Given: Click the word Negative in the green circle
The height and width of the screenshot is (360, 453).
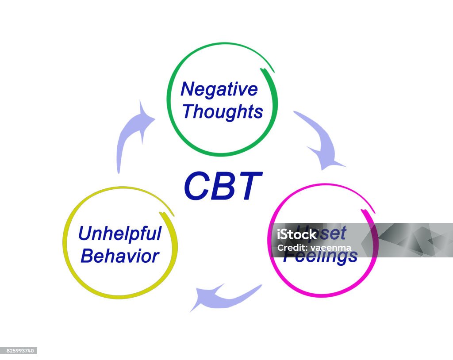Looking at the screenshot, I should pos(219,90).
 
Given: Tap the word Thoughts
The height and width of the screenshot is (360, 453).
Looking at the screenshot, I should pos(223,112).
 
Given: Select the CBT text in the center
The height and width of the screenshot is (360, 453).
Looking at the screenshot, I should pos(223,186).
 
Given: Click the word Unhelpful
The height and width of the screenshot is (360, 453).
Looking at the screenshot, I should pos(119,234).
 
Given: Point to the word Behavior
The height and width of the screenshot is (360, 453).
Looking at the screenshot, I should pos(119,256).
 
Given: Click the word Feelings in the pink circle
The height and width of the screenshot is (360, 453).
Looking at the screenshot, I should pos(320,257).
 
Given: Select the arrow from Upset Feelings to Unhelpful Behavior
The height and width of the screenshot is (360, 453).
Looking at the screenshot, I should pos(224,296).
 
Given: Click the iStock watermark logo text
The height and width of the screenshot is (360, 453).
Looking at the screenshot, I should pos(296,234).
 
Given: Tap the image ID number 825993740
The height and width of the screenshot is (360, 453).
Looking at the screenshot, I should pos(19,351).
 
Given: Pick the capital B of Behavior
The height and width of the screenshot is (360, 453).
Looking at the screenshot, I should pos(88,256).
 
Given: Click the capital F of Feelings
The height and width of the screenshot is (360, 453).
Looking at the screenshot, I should pos(288,256).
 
